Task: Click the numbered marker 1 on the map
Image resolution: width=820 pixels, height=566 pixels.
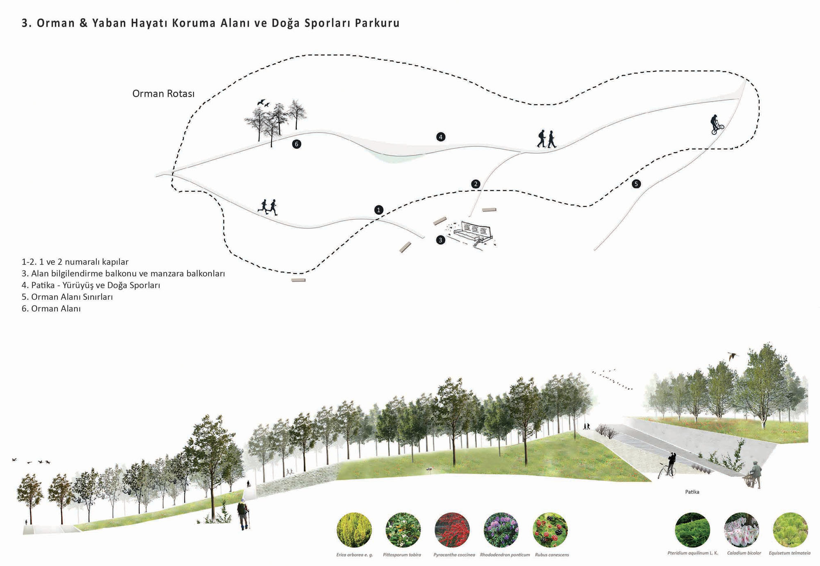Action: tap(378, 210)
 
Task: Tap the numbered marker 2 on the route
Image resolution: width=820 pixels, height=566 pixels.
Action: tap(476, 184)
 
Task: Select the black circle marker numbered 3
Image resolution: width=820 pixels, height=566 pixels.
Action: tap(440, 240)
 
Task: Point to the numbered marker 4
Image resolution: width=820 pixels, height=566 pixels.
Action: tap(440, 137)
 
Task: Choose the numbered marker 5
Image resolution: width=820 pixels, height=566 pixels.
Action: tap(636, 184)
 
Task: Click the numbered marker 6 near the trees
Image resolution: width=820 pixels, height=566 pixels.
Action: tap(296, 144)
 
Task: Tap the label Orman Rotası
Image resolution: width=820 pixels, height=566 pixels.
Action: tap(163, 94)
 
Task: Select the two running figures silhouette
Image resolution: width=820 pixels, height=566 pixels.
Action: tap(268, 207)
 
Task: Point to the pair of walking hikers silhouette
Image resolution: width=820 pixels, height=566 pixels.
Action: tap(547, 139)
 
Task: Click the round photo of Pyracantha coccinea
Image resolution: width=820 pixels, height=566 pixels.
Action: tap(452, 529)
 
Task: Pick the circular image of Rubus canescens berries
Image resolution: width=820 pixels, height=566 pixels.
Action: tap(550, 529)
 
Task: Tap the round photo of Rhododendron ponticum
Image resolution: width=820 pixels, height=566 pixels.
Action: tap(501, 529)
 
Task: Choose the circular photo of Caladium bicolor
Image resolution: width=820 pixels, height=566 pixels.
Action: tap(742, 529)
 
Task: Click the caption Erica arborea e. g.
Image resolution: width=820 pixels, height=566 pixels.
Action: tap(355, 555)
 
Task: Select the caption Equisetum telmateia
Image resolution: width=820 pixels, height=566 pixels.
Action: tap(789, 553)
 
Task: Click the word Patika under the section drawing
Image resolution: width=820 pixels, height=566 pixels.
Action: tap(692, 492)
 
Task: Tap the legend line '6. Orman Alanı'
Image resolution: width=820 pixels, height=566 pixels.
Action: tap(51, 309)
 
